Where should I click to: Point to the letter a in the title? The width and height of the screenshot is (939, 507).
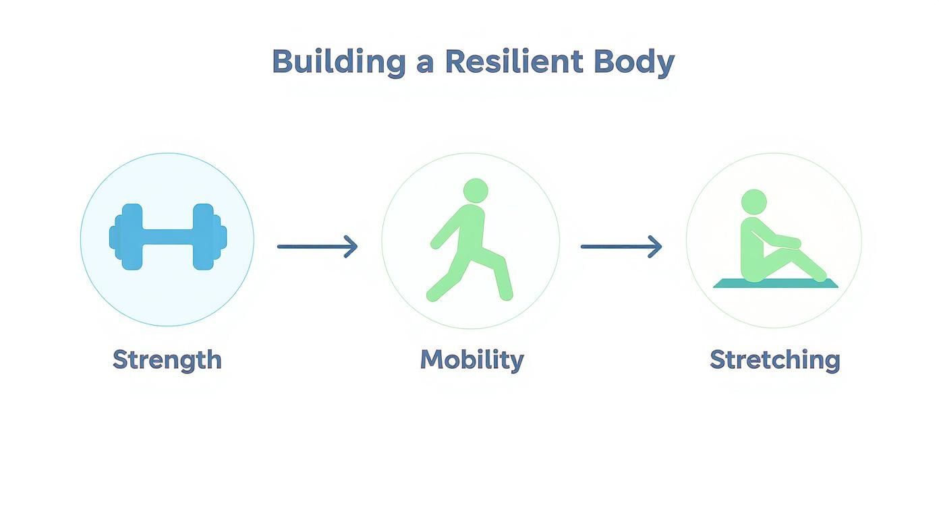425,64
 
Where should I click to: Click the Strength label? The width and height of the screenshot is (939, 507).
167,359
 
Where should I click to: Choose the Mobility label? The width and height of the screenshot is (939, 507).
472,359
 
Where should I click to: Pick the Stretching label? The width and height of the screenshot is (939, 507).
774,359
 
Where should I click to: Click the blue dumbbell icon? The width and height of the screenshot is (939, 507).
167,237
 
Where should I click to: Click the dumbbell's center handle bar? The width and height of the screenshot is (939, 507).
167,237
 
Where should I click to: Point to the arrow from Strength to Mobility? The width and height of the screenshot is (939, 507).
317,247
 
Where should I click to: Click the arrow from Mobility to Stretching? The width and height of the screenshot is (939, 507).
621,247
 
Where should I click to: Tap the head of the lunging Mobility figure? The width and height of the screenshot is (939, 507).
476,191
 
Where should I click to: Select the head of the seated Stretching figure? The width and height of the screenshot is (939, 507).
753,201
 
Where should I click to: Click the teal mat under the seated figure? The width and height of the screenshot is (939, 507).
776,284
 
